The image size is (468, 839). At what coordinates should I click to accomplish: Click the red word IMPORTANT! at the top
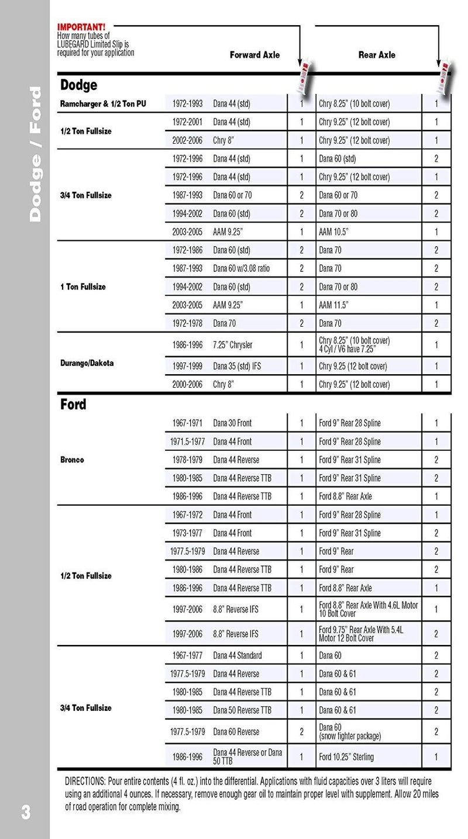[x=81, y=26]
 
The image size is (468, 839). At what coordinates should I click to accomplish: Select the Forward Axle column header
[x=254, y=55]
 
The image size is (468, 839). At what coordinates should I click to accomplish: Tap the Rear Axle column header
[x=376, y=55]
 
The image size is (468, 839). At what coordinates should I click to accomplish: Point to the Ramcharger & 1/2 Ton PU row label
[x=103, y=104]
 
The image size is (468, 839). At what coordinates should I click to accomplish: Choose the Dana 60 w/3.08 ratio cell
[x=241, y=268]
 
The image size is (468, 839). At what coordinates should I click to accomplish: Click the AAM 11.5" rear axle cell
[x=333, y=305]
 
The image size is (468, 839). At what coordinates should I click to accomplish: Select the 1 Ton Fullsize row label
[x=83, y=287]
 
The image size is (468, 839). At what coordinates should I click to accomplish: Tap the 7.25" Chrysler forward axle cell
[x=233, y=345]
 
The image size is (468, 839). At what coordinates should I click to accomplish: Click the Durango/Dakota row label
[x=87, y=363]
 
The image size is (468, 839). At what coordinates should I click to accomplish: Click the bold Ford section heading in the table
[x=73, y=405]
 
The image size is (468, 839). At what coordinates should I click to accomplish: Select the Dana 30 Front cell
[x=232, y=423]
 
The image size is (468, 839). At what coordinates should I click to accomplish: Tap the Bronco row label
[x=72, y=460]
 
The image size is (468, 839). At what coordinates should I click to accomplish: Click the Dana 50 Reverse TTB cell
[x=242, y=710]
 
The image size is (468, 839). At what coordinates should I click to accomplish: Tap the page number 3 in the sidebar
[x=26, y=812]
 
